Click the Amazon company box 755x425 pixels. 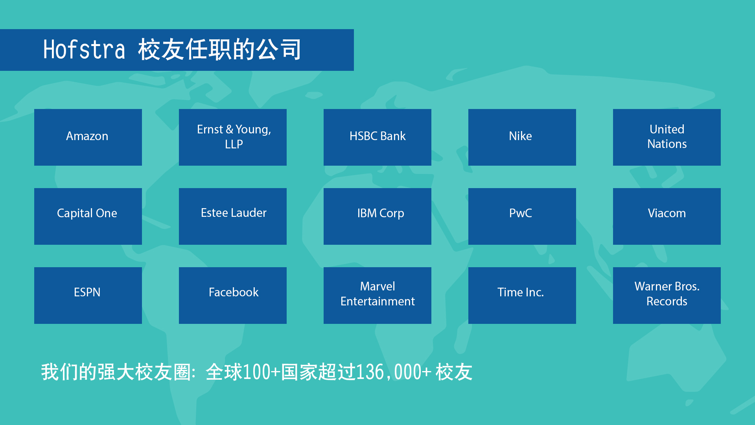[x=88, y=137]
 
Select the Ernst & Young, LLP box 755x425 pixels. [x=233, y=137]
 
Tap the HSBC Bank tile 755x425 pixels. [x=377, y=137]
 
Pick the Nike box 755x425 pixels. [x=522, y=137]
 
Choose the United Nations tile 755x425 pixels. [x=667, y=137]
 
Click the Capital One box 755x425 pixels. [x=88, y=216]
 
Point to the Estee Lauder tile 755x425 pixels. [x=233, y=216]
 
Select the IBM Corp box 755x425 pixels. [x=377, y=216]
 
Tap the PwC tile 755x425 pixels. [x=522, y=216]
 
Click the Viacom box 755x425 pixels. [x=667, y=216]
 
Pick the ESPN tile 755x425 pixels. [x=88, y=296]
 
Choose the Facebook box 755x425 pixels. [x=233, y=296]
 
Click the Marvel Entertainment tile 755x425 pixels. [x=377, y=296]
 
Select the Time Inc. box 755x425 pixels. [x=522, y=296]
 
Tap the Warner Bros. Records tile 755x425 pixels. [x=667, y=296]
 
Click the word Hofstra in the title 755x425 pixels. [x=84, y=50]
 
